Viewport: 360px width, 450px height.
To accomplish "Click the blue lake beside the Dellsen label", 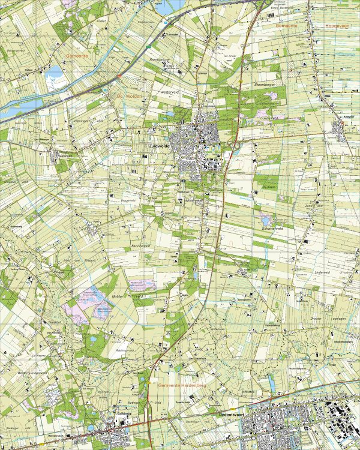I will tap(53, 75).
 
